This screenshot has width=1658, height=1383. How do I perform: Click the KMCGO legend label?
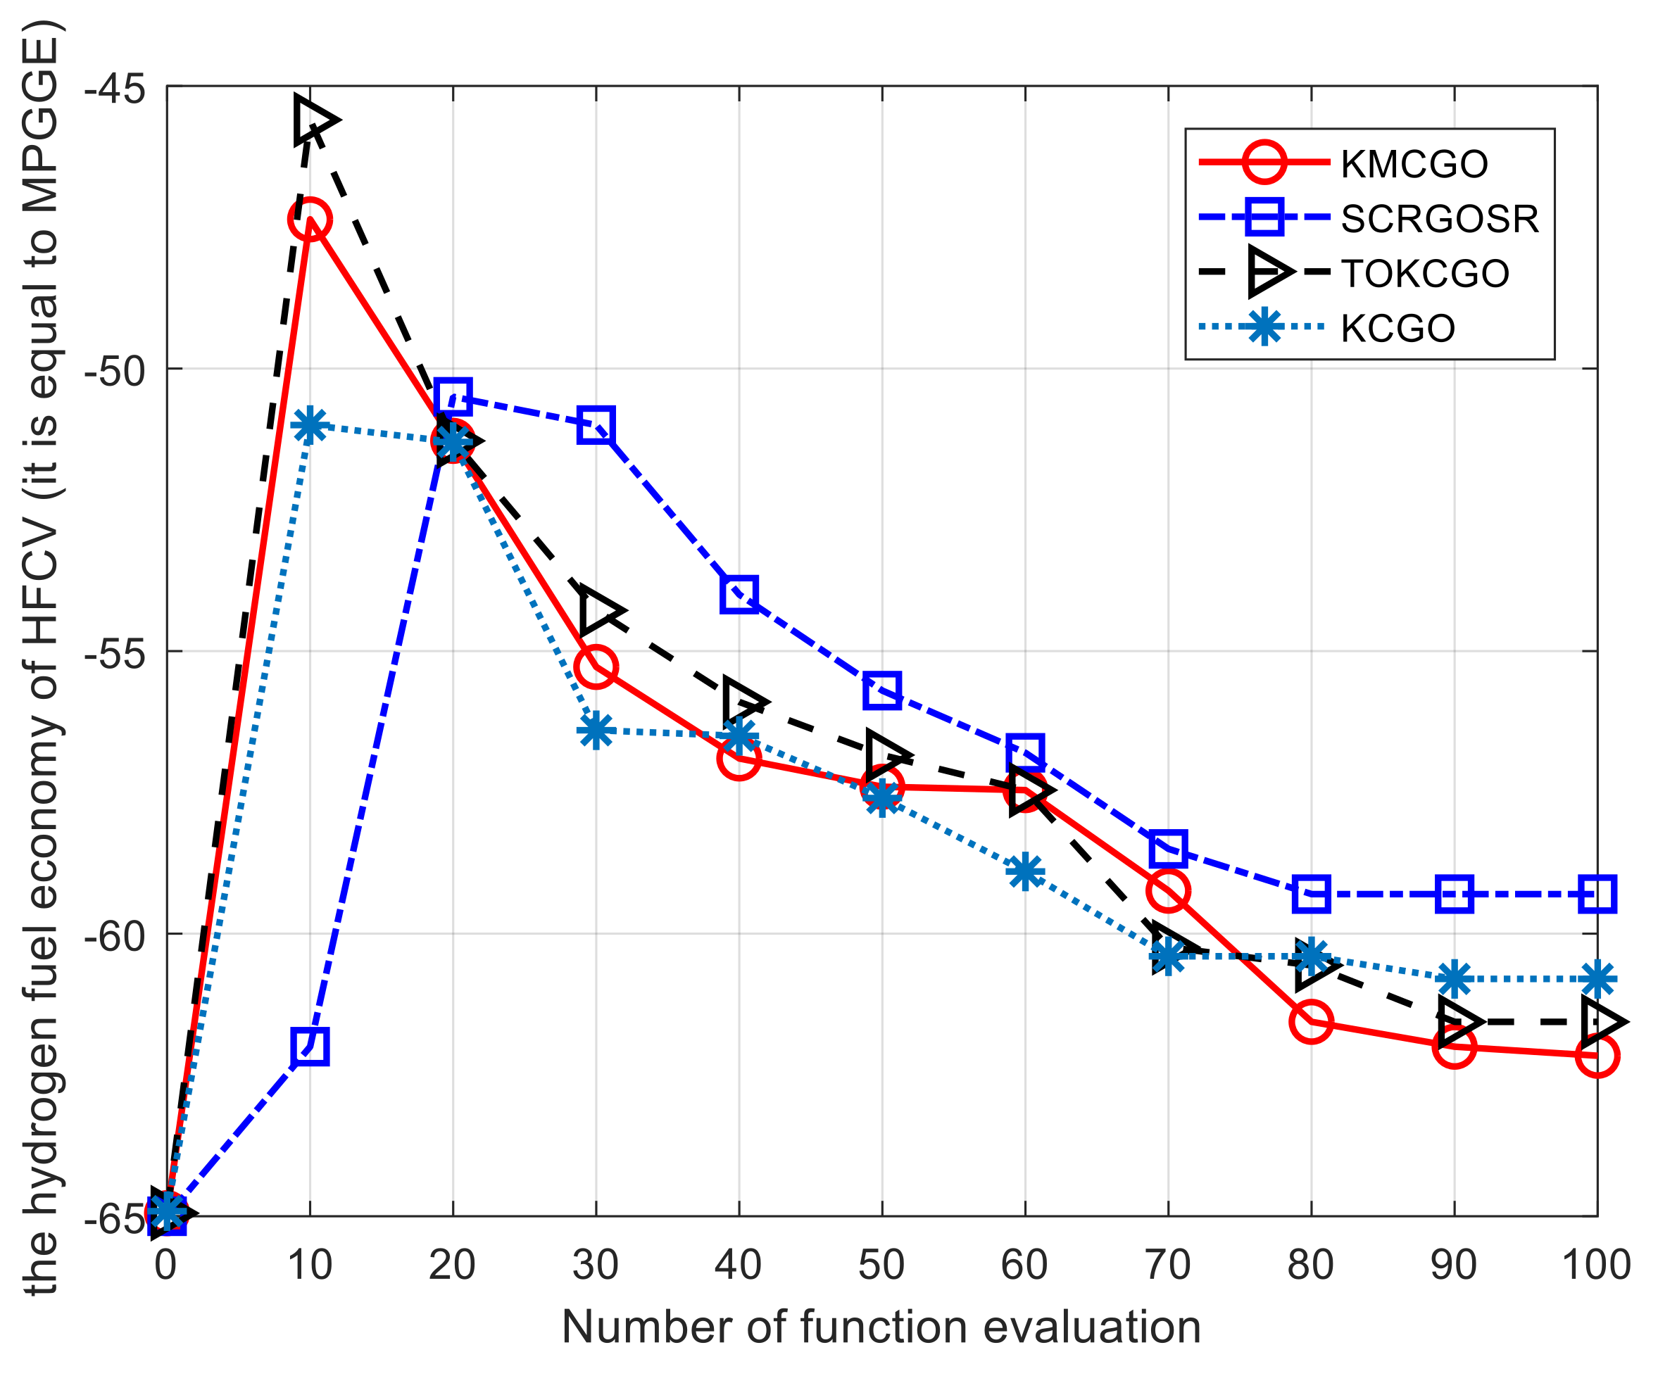click(1414, 164)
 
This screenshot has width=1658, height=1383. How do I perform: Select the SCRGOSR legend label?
click(1439, 219)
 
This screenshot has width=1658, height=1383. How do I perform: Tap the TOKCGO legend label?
click(1424, 273)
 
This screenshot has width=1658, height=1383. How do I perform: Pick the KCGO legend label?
click(1398, 329)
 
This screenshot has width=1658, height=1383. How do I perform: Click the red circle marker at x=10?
click(310, 220)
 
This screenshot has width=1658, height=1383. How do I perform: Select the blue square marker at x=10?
click(310, 1047)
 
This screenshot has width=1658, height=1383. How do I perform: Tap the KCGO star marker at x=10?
click(310, 427)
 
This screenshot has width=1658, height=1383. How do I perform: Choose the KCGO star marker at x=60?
click(1025, 871)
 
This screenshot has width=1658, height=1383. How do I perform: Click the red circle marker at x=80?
click(1312, 1022)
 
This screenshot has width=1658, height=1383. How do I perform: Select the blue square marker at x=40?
click(739, 593)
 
